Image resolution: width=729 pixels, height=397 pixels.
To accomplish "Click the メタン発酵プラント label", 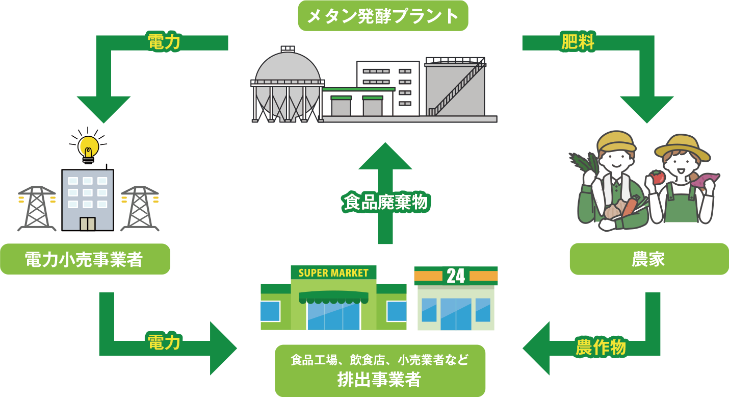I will click(382, 16).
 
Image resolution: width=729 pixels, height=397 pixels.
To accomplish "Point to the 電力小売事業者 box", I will click(85, 259).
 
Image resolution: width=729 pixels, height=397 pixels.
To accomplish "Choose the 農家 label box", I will click(648, 259).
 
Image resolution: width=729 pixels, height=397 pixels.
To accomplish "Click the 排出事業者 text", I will click(379, 380).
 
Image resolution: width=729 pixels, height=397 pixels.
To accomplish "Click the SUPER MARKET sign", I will click(333, 272).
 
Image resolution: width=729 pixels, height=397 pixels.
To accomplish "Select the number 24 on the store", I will click(456, 276).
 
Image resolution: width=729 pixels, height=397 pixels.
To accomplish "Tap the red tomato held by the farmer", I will click(657, 177).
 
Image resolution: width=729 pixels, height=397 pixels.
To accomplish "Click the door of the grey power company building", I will click(88, 224).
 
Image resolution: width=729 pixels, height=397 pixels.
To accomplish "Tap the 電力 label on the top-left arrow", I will click(164, 43).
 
